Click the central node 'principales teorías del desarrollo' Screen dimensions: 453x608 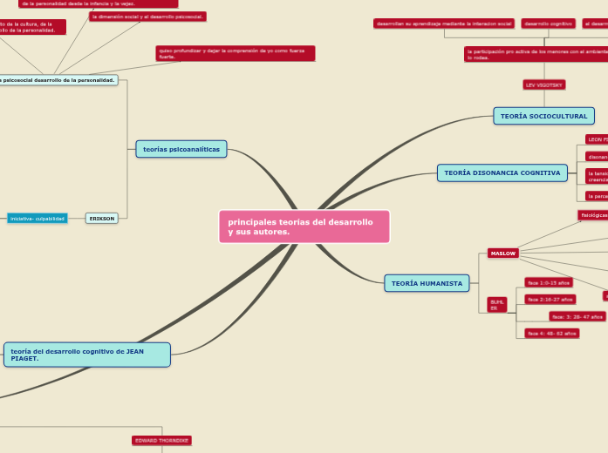304,226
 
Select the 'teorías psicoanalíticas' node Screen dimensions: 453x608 181,149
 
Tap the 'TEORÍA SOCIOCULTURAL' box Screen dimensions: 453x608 543,116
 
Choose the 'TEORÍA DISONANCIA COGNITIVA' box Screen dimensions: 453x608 502,172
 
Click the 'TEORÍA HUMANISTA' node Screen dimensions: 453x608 427,283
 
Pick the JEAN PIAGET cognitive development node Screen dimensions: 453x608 87,355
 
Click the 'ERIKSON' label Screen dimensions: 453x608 102,219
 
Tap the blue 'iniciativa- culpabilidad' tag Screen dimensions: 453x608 38,219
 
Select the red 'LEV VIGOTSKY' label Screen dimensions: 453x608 544,85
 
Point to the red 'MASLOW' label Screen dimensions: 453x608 503,254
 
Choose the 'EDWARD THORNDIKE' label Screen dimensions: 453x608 161,441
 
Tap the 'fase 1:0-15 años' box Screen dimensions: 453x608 549,282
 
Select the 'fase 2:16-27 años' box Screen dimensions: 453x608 550,299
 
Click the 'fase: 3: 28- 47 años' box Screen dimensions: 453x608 577,316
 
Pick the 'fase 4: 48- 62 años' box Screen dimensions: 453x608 552,333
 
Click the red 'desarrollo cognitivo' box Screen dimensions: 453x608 548,24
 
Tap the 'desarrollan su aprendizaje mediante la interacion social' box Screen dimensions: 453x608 444,24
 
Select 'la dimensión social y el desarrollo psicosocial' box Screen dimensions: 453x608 147,17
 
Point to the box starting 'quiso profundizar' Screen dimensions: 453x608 235,53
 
